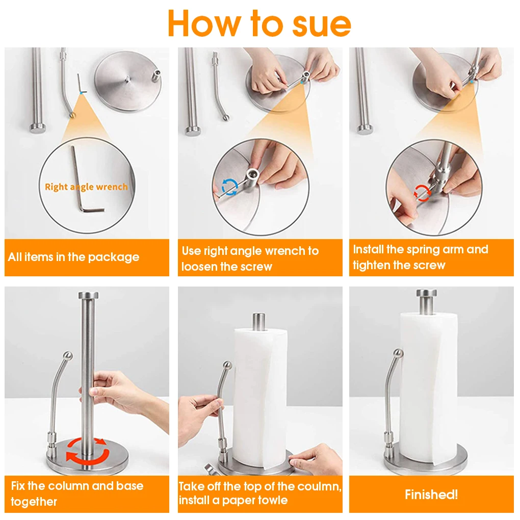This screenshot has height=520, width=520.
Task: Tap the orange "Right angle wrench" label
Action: pyautogui.click(x=86, y=187)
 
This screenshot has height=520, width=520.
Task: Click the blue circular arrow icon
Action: pyautogui.click(x=229, y=187)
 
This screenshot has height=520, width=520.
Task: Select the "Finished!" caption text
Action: pyautogui.click(x=431, y=495)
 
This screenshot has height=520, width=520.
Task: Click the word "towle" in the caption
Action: pyautogui.click(x=271, y=500)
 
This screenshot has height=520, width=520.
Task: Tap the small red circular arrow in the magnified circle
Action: pyautogui.click(x=422, y=193)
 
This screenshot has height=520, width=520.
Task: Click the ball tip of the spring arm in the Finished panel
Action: pyautogui.click(x=398, y=353)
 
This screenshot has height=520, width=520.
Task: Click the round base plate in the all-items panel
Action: pyautogui.click(x=128, y=81)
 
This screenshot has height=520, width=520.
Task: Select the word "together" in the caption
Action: pyautogui.click(x=34, y=502)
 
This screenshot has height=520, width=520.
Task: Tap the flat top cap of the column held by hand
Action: pyautogui.click(x=88, y=295)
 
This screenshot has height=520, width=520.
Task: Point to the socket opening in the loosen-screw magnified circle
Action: pyautogui.click(x=252, y=173)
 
